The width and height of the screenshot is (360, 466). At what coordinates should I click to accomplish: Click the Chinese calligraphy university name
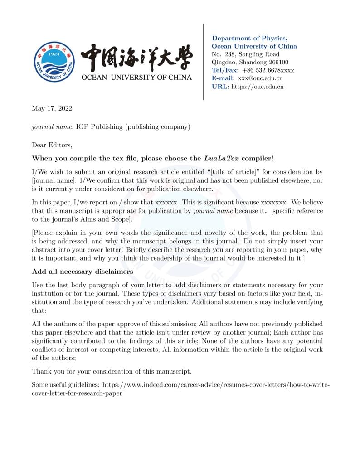136,58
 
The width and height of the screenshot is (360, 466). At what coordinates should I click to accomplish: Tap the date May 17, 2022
52,108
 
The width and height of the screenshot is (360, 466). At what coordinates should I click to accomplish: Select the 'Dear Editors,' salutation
52,145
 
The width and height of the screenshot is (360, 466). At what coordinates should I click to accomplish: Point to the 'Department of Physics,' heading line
249,39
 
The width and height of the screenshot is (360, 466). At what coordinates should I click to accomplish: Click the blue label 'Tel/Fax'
224,70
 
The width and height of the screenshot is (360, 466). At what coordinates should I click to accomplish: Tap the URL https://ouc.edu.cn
258,87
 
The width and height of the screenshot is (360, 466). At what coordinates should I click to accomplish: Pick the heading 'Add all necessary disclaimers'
82,272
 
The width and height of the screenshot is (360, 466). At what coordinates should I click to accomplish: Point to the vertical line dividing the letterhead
203,62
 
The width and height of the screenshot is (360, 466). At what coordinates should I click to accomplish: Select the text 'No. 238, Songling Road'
245,54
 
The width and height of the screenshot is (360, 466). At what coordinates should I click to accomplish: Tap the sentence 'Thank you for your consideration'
112,371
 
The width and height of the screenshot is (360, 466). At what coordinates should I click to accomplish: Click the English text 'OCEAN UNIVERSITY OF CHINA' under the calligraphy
136,77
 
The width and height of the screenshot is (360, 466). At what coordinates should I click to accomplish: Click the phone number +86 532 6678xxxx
268,70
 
